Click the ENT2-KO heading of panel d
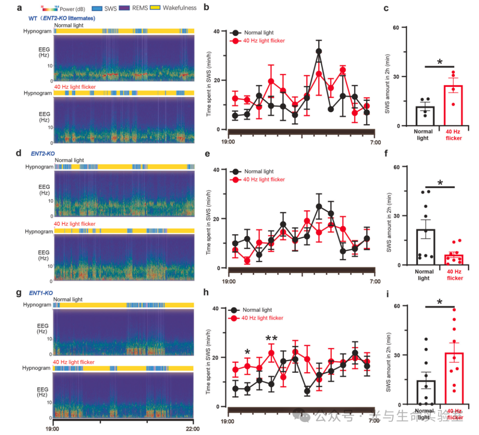point(43,153)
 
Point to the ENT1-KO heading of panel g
point(41,293)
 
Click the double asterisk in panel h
point(271,339)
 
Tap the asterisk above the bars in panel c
point(440,62)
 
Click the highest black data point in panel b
point(318,51)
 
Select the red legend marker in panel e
point(235,179)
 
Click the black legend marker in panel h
point(235,310)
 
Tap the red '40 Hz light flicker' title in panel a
point(75,87)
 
